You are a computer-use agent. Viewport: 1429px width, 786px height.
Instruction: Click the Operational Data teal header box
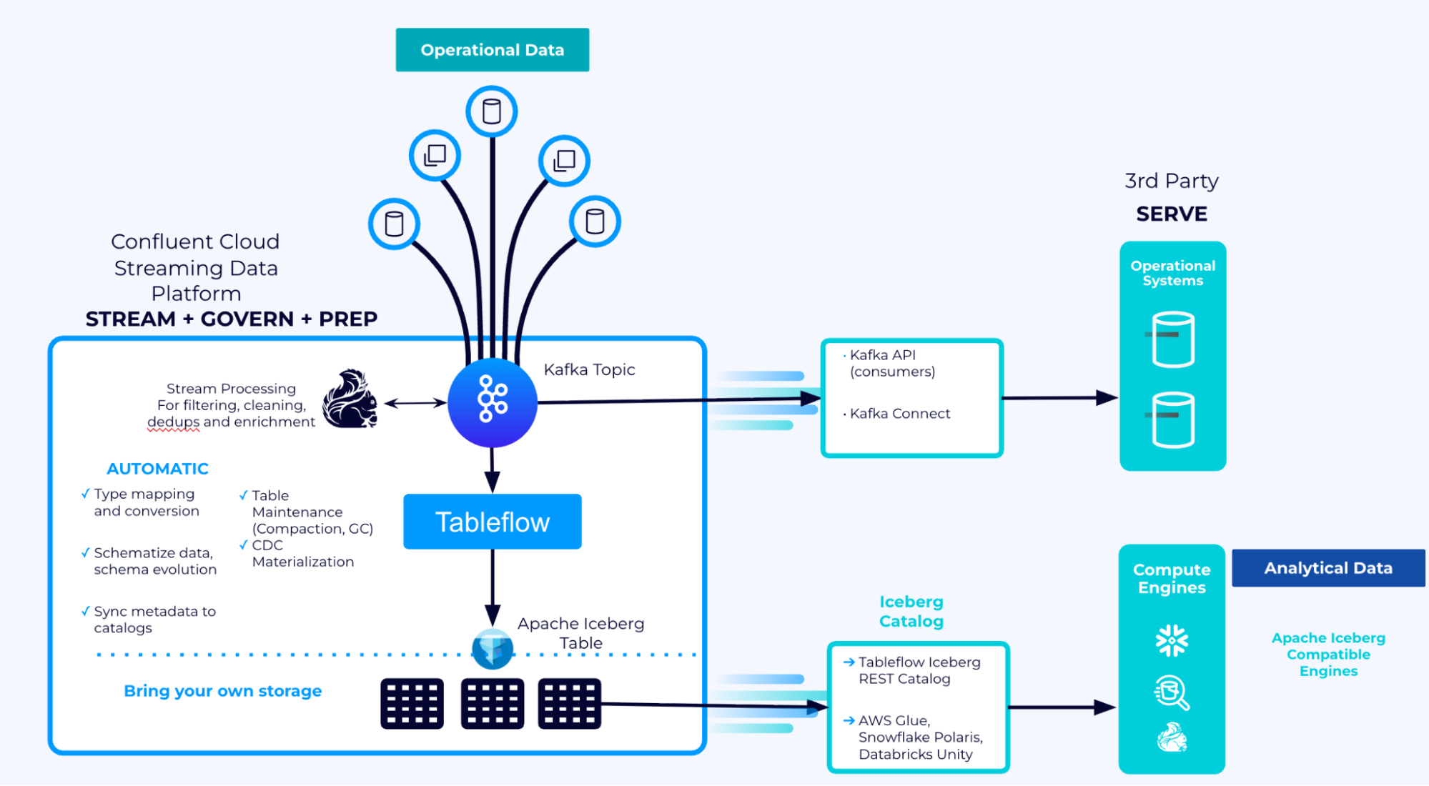point(492,50)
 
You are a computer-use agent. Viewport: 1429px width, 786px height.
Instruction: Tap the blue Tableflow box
point(492,522)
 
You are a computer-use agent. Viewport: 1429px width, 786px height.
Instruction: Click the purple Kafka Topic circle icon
point(492,402)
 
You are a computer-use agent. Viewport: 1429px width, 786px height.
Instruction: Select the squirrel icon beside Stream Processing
point(350,400)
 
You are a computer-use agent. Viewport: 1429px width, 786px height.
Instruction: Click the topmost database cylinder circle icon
point(492,111)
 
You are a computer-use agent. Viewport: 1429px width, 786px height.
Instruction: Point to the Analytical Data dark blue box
point(1327,568)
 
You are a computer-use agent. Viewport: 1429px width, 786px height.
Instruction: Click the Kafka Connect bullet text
point(899,414)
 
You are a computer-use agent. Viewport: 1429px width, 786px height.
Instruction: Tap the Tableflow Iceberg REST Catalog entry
point(918,670)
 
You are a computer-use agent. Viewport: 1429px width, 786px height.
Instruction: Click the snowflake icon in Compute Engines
point(1172,640)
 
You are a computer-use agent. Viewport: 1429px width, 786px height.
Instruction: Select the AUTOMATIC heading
point(157,469)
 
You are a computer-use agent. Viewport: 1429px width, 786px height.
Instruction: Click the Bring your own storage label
point(222,691)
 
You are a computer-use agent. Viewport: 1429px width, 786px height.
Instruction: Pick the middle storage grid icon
point(492,704)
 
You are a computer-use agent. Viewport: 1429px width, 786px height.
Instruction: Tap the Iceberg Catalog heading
point(911,612)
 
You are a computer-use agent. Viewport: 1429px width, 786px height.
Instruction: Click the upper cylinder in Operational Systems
point(1173,339)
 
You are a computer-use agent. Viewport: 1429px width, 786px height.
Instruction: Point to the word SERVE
point(1171,214)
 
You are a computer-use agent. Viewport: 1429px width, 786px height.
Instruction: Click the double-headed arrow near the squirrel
point(415,403)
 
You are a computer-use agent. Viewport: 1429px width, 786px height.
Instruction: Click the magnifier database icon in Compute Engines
point(1172,692)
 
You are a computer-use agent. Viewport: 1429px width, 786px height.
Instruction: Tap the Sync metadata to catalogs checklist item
point(154,620)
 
